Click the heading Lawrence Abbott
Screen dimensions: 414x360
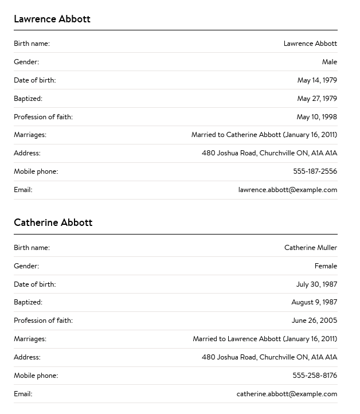[x=52, y=19]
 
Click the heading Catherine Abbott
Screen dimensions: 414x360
[x=53, y=222]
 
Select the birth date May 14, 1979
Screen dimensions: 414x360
[x=317, y=80]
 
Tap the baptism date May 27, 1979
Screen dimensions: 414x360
[x=317, y=99]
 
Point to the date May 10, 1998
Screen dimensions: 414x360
[x=316, y=117]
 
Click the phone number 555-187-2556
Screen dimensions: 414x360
[x=315, y=171]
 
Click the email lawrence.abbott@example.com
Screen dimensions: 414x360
[x=288, y=190]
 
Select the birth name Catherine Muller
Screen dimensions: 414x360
[x=311, y=248]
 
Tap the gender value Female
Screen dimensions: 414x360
[x=326, y=266]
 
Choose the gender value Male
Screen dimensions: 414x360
[x=329, y=62]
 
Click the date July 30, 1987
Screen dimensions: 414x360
[x=316, y=284]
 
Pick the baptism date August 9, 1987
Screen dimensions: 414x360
[x=314, y=302]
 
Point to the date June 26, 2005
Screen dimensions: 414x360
[x=314, y=321]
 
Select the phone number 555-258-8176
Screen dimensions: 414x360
[x=315, y=376]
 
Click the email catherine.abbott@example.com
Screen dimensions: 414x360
[x=287, y=394]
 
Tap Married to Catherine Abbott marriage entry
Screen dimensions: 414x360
[x=264, y=135]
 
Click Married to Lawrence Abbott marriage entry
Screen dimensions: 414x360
[x=265, y=339]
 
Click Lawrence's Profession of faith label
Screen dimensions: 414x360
[x=43, y=117]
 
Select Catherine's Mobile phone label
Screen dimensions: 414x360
[x=36, y=376]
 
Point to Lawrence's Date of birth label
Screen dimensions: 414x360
[x=34, y=80]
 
